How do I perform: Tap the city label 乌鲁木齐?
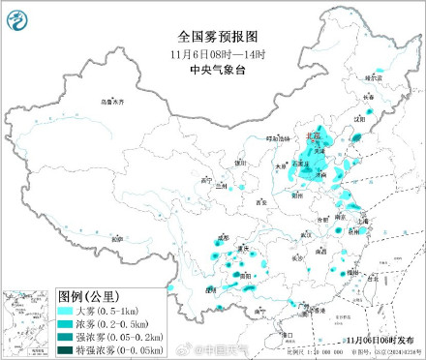click(x=114, y=101)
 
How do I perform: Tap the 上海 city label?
click(x=363, y=221)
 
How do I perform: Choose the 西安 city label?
click(x=260, y=202)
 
